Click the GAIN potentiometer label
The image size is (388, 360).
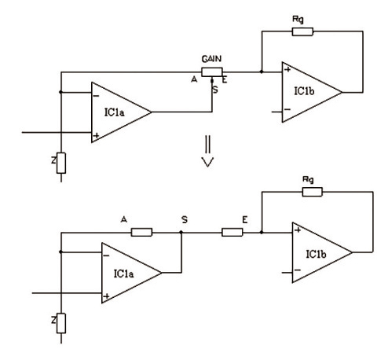click(211, 59)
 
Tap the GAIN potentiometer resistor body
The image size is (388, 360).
click(212, 72)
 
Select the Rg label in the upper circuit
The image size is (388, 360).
click(298, 20)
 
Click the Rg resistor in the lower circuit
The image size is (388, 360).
click(313, 192)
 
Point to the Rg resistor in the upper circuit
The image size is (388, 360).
click(302, 31)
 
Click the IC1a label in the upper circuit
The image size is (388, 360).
click(115, 112)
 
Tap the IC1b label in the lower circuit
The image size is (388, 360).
click(316, 254)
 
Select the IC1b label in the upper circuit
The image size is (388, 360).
click(304, 91)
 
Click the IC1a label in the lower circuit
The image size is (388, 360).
click(123, 274)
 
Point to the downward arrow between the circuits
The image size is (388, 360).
click(208, 152)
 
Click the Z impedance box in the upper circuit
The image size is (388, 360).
click(61, 163)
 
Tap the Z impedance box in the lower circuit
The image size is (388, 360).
click(61, 323)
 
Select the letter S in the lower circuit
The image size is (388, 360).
click(185, 219)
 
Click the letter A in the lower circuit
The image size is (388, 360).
click(124, 219)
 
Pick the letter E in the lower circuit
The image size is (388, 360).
click(245, 219)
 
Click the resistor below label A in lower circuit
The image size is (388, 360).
click(141, 233)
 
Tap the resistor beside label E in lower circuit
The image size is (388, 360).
click(232, 233)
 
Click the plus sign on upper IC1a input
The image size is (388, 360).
click(97, 135)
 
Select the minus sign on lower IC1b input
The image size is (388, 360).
click(298, 270)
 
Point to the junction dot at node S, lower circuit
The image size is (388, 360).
click(181, 232)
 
